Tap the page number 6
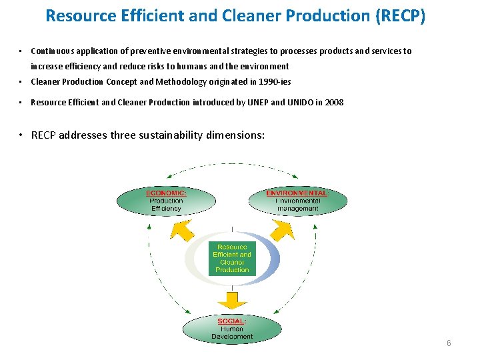coord(449,343)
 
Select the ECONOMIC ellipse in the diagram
coord(166,200)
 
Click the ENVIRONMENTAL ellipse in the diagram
coord(298,200)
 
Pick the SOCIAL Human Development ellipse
coord(232,329)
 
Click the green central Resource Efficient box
coord(232,258)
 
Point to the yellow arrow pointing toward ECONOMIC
coord(182,230)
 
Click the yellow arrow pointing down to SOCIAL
coord(232,299)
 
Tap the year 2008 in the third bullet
coord(335,103)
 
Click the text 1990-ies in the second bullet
coord(275,82)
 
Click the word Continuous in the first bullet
coord(51,51)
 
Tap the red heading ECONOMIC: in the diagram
coord(166,193)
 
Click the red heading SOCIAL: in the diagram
coord(231,321)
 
